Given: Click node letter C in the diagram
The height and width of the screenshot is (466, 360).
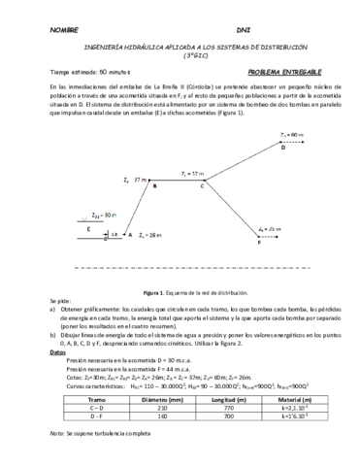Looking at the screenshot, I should click(203, 186).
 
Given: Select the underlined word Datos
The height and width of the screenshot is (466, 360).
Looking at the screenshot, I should click(57, 353).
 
